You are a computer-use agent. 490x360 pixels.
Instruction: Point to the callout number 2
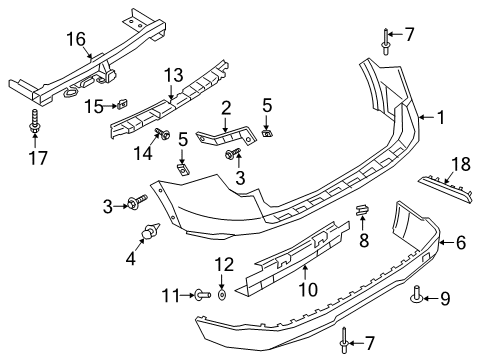[x=227, y=108]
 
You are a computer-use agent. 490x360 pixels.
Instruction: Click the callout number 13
[x=174, y=74]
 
